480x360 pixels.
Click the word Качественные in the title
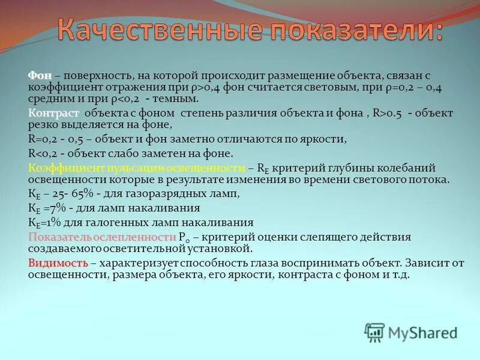click(x=161, y=29)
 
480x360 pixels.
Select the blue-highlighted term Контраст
click(x=53, y=113)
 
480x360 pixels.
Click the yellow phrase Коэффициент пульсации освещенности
click(x=136, y=168)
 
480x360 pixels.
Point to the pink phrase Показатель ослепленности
click(x=102, y=237)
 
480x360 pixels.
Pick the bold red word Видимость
click(x=58, y=263)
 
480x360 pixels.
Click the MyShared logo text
click(x=423, y=332)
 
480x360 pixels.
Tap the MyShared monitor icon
click(x=375, y=332)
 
